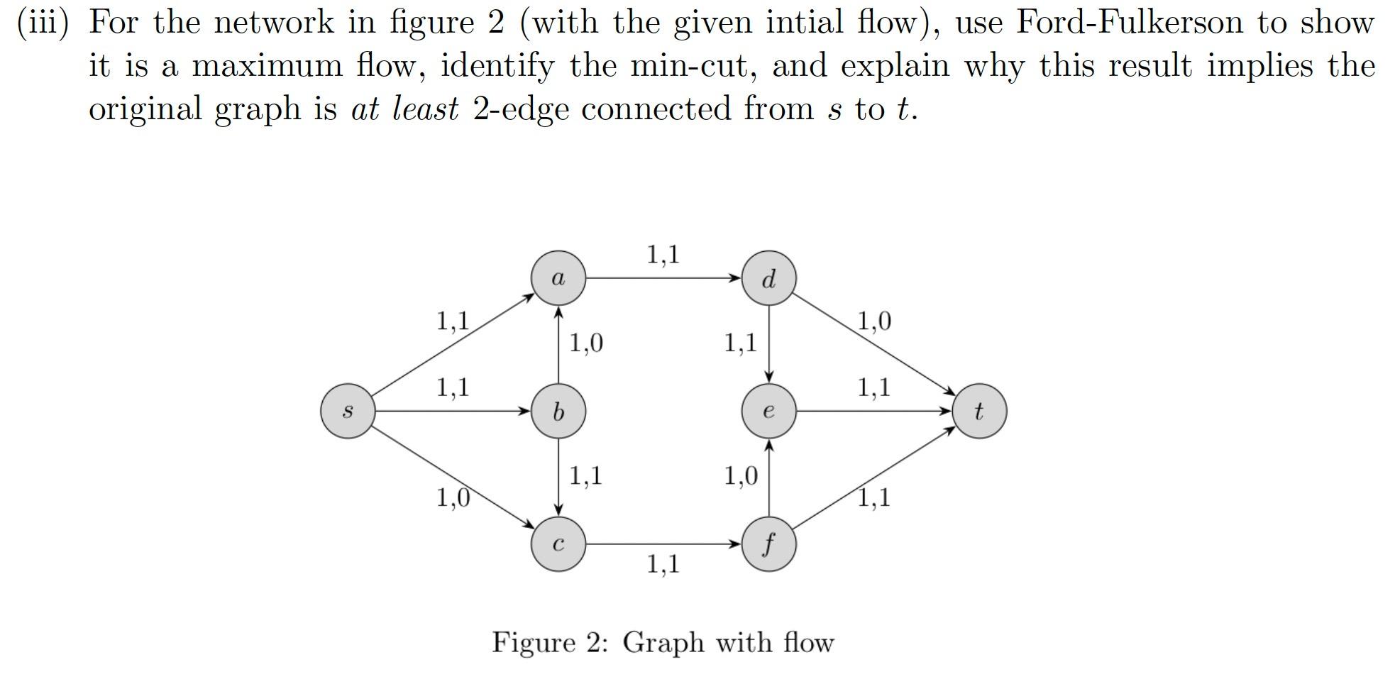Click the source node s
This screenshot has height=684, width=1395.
tap(347, 411)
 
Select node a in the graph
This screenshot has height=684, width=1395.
tap(558, 278)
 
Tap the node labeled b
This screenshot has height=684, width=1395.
tap(558, 411)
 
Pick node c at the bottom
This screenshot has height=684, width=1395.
tap(558, 544)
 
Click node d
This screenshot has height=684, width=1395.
tap(768, 278)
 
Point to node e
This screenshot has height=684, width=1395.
tap(768, 411)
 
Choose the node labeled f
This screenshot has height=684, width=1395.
tap(768, 544)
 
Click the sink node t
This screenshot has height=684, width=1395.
tap(978, 411)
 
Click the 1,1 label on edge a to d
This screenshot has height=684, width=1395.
tap(663, 254)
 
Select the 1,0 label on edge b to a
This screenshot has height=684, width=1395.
tap(586, 343)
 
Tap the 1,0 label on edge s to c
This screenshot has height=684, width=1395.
tap(453, 498)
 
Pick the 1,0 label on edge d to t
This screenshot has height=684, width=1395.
tap(874, 321)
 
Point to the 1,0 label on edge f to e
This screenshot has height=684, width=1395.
tap(741, 475)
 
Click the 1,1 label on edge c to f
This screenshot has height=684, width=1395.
tap(663, 565)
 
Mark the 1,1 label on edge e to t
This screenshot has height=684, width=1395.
tap(874, 387)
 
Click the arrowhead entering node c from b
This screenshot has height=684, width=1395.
tap(558, 510)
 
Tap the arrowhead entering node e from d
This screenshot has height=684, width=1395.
tap(768, 377)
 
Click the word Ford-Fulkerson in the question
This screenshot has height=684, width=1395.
tap(1130, 23)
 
